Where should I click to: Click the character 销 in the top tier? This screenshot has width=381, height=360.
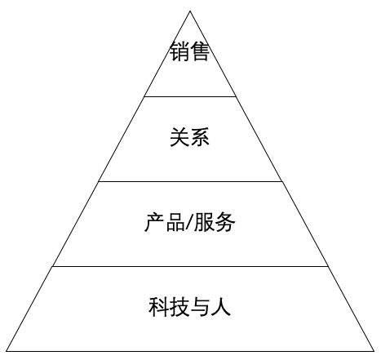(x=179, y=51)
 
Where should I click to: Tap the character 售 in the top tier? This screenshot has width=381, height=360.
(x=200, y=51)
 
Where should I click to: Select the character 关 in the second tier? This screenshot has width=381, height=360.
(x=179, y=137)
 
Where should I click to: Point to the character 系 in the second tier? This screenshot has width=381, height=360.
(x=200, y=137)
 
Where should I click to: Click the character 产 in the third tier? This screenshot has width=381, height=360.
(x=154, y=222)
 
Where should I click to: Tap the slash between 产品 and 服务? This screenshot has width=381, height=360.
(x=189, y=222)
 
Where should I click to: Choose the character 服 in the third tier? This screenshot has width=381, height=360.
(x=203, y=222)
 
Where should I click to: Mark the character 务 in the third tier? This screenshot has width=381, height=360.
(x=225, y=222)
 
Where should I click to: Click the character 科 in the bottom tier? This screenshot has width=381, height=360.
(x=159, y=307)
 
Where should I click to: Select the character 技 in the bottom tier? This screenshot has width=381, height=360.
(x=179, y=307)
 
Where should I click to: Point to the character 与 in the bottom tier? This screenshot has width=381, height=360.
(x=200, y=307)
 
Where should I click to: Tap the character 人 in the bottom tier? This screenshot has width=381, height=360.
(x=221, y=307)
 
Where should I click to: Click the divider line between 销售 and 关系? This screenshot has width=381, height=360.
(x=190, y=96)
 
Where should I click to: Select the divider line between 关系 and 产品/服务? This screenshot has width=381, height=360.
(x=190, y=181)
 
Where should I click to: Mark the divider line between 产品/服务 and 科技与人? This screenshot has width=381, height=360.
(x=190, y=267)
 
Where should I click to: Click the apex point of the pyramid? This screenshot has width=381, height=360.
(x=190, y=11)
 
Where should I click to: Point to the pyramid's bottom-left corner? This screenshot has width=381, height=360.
(x=7, y=351)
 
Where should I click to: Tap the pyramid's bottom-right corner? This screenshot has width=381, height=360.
(x=374, y=351)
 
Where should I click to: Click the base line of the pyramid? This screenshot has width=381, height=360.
(x=190, y=351)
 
